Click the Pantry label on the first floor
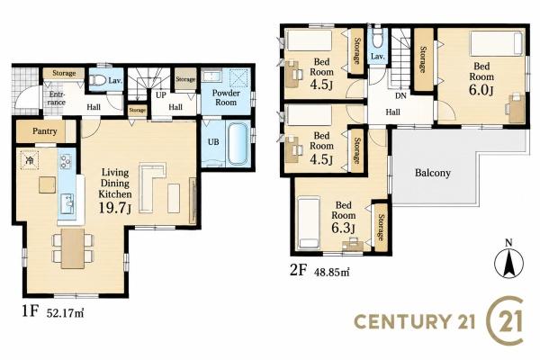45,131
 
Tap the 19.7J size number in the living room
115,207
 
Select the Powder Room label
226,97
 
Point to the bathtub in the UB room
238,143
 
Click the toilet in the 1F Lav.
98,80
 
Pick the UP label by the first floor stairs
161,95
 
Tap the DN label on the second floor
400,96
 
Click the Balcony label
433,173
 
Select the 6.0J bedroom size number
481,90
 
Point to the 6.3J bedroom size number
344,228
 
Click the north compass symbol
508,261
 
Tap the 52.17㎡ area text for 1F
66,313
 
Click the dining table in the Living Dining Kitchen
73,248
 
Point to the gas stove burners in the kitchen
66,162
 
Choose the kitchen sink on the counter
67,204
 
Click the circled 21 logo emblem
505,320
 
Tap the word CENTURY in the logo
403,321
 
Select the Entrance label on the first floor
56,98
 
